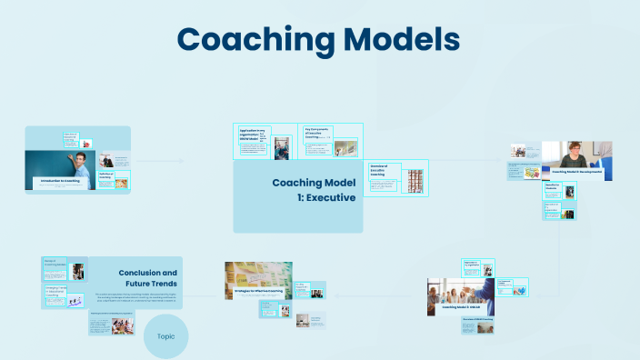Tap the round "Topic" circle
(165, 335)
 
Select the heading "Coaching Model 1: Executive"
(315, 189)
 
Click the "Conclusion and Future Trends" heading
(147, 278)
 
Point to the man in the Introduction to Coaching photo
(81, 168)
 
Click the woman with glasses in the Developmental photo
(575, 154)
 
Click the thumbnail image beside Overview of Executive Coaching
(415, 179)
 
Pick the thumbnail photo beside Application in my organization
(282, 147)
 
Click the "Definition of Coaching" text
(105, 176)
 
